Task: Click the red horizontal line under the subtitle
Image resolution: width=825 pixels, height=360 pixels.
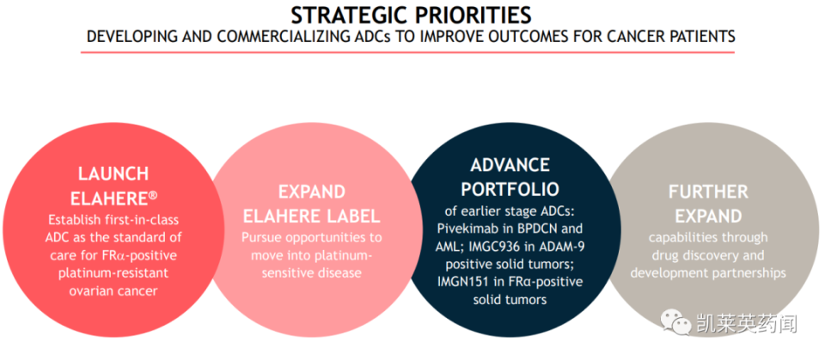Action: point(407,52)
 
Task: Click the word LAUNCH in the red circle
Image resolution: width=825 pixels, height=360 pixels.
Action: point(113,174)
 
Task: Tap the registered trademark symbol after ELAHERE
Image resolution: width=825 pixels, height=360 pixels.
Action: point(153,195)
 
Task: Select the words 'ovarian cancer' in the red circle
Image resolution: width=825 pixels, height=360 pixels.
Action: point(113,290)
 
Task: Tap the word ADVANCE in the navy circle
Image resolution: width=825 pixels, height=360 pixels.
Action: point(510,165)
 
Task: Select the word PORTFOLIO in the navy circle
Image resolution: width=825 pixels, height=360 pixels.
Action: point(510,189)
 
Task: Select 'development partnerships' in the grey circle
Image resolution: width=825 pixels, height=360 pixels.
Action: point(707,272)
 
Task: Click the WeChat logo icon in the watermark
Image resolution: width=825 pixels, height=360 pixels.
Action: point(673,322)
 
